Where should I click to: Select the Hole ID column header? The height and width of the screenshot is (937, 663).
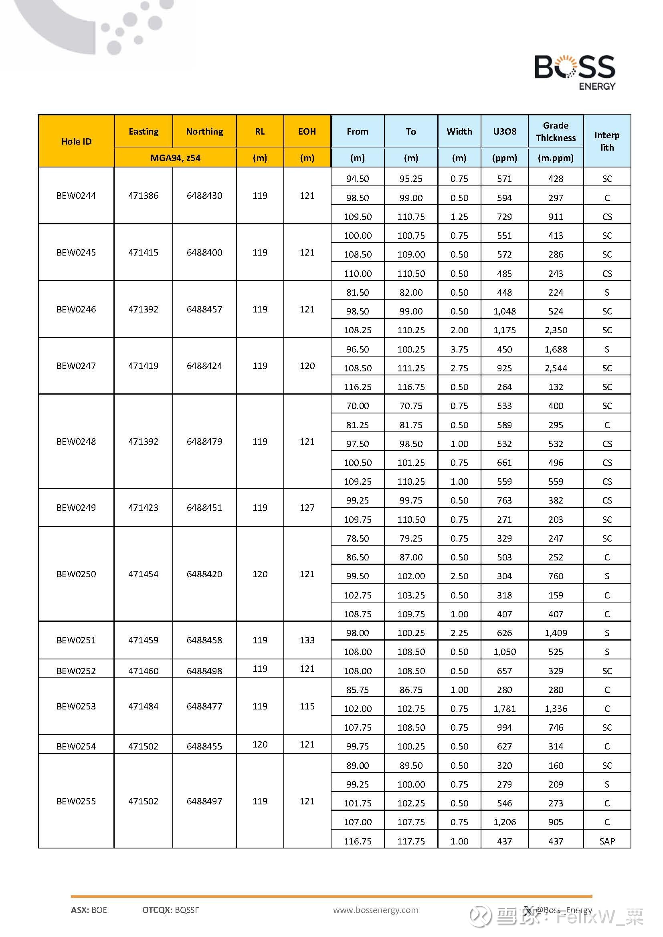coord(76,141)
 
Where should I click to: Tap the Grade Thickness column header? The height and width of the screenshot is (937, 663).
coord(555,131)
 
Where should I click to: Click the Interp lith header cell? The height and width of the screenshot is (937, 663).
coord(606,141)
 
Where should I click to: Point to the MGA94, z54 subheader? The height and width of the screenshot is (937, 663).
coord(175,158)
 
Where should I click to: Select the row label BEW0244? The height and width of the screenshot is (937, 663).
coord(76,195)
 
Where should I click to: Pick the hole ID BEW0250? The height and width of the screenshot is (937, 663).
coord(76,574)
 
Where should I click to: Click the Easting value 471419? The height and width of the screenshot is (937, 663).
coord(143,366)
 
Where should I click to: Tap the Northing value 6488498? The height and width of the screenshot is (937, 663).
coord(204,671)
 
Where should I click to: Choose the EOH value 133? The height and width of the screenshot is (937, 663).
coord(307,640)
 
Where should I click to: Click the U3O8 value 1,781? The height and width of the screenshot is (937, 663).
coord(504,709)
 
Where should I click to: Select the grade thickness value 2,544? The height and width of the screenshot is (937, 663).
coord(555,368)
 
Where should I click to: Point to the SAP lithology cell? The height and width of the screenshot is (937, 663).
coord(606,841)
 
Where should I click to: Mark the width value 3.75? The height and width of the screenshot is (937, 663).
coord(459,349)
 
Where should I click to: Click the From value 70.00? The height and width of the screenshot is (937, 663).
coord(357,406)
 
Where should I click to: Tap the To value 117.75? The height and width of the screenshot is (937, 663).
coord(411,841)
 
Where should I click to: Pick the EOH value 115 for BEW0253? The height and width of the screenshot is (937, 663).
coord(307,706)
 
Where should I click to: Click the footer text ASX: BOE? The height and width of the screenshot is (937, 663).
coord(89,910)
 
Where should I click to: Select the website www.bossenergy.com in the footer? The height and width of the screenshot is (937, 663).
coord(376,910)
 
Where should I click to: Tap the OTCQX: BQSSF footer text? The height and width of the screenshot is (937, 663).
coord(171,910)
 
